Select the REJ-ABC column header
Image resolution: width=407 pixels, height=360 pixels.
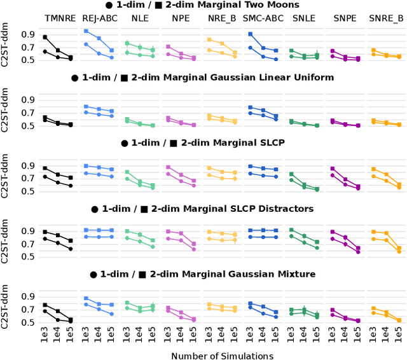coord(99,18)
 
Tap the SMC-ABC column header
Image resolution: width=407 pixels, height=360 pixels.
coord(263,18)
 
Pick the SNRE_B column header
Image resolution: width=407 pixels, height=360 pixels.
coord(386,18)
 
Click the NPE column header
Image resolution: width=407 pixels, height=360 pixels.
coord(181,18)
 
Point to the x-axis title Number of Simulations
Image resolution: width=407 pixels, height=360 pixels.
coord(221,356)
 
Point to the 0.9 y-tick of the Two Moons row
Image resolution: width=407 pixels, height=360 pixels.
coord(29,34)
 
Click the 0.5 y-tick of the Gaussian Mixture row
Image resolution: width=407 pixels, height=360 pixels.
coord(29,322)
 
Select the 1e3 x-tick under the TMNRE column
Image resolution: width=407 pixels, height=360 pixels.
coord(45,335)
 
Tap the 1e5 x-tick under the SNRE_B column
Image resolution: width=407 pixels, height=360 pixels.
coord(399,335)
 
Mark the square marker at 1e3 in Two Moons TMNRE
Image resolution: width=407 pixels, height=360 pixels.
coord(45,38)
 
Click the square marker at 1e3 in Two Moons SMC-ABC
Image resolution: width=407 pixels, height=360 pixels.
coord(250,34)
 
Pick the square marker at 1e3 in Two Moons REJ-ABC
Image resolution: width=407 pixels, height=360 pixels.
coord(86,31)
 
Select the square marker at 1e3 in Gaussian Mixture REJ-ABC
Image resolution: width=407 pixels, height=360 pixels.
coord(86,298)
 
